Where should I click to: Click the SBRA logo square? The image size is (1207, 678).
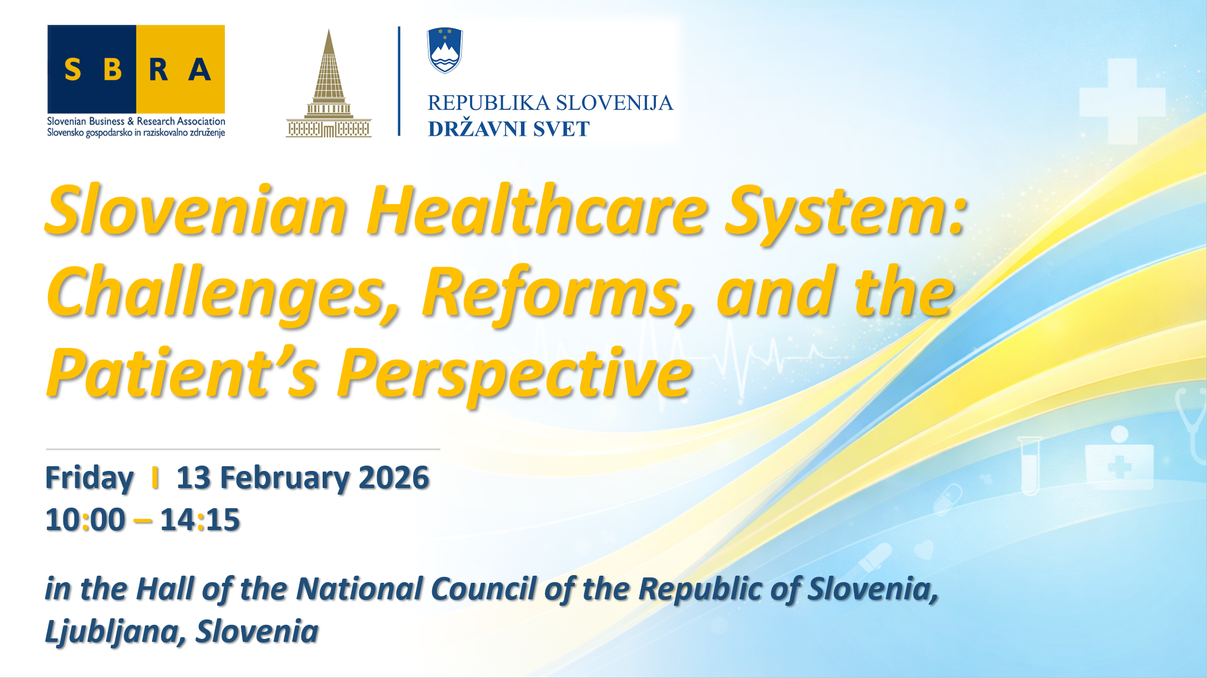coord(136,69)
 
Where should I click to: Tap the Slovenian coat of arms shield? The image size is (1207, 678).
coord(445,50)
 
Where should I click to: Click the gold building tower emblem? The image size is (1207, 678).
coord(329,83)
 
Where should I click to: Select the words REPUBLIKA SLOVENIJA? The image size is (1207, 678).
coord(551,103)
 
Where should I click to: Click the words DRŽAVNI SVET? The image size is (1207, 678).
coord(509,129)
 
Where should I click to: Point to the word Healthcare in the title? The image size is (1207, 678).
coord(537,211)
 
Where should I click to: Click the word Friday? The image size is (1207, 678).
coord(89,478)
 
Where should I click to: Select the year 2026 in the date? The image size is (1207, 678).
coord(394,477)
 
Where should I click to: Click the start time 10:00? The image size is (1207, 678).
coord(85,520)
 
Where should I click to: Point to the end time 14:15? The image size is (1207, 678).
coord(200,520)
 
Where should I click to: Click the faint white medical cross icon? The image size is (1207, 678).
coord(1122,101)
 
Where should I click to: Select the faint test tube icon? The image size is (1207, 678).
coord(1029,466)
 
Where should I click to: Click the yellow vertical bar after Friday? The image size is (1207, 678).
coord(155,477)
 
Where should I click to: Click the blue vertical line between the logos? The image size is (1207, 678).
coord(399,81)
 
